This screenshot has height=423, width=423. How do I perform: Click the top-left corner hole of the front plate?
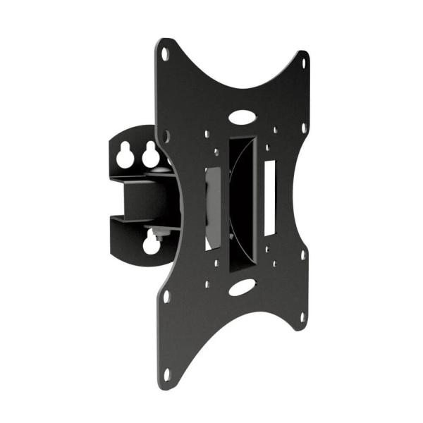165,53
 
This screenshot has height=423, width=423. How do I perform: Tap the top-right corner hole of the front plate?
304,63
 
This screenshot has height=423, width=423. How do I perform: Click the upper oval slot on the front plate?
243,114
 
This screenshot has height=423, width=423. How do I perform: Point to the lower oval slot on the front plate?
242,287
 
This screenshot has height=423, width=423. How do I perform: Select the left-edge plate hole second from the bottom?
166,296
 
